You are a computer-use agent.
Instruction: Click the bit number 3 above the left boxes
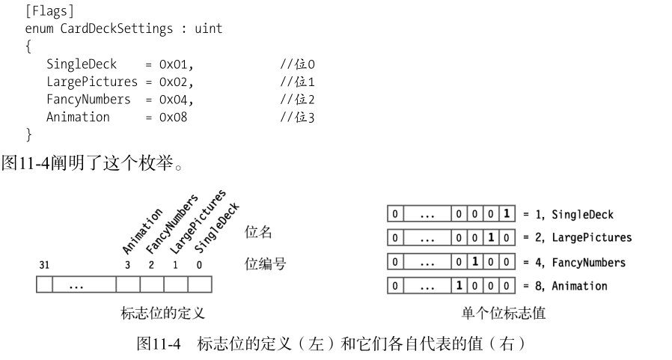[x=128, y=264]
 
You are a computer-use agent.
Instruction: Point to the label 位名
[x=258, y=233]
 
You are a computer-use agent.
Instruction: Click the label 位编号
[x=265, y=264]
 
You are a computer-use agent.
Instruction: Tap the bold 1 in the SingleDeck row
[x=507, y=215]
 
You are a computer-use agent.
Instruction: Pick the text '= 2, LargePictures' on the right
[x=574, y=239]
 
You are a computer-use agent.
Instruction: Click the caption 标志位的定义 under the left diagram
[x=162, y=313]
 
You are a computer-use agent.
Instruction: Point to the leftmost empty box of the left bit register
[x=47, y=286]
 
